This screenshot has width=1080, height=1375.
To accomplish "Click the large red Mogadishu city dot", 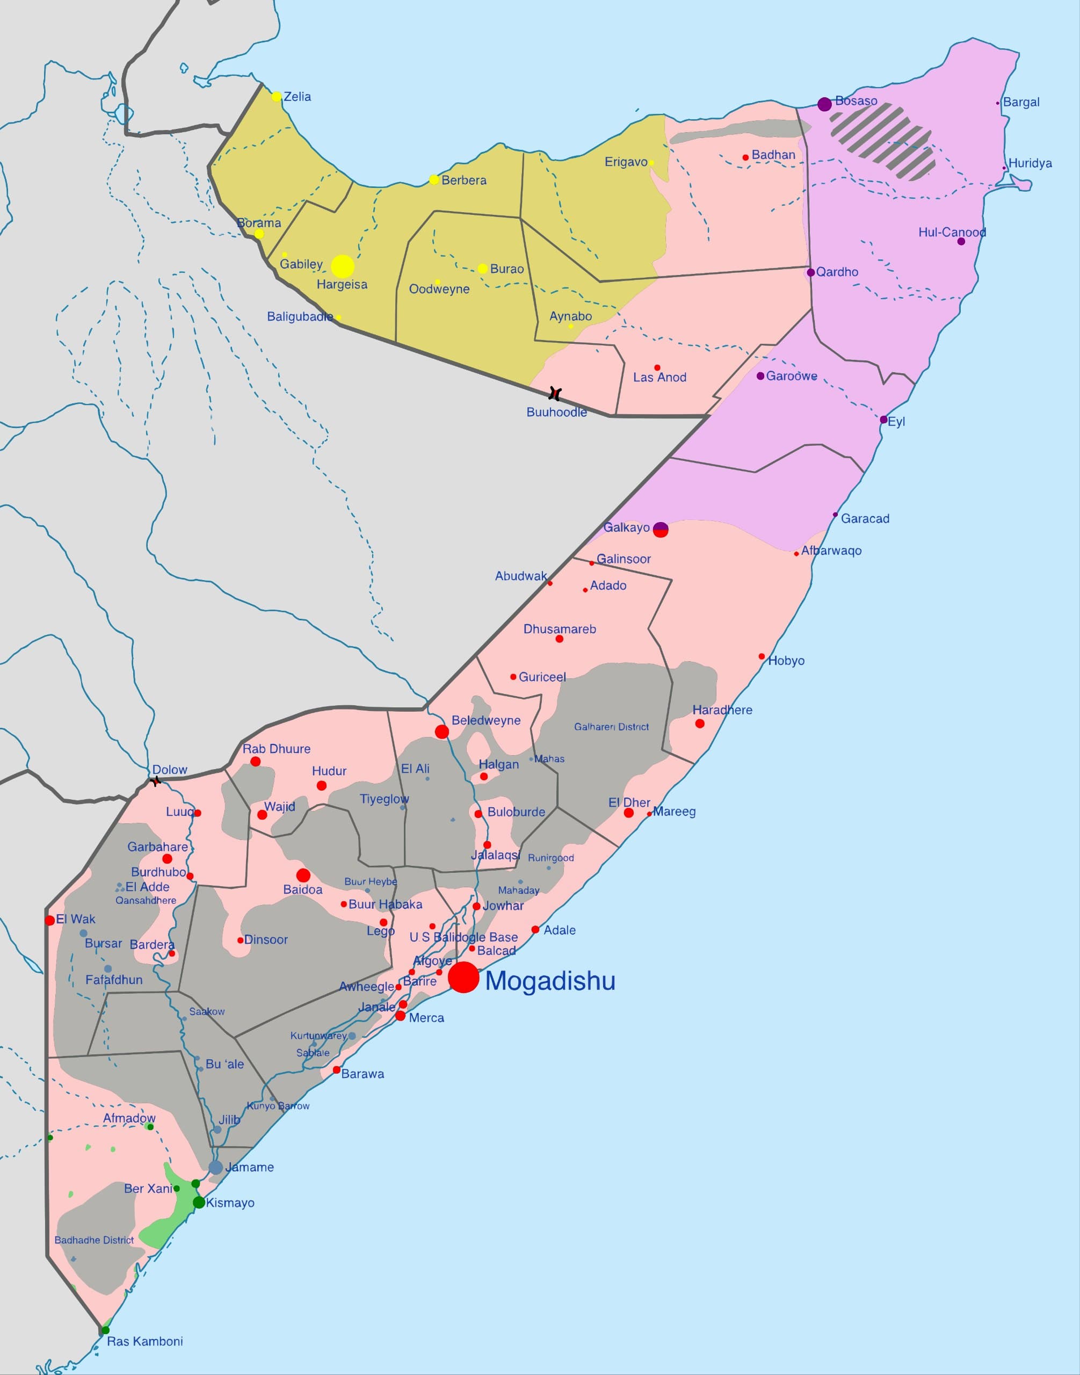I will click(463, 977).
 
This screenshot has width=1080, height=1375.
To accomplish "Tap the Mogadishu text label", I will click(550, 981).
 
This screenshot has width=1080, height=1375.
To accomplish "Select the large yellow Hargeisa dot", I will click(343, 266).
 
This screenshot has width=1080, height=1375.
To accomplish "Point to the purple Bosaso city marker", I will click(824, 104).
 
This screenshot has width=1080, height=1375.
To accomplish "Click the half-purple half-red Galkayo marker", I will click(661, 530).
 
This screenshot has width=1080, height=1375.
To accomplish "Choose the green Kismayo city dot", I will click(199, 1203).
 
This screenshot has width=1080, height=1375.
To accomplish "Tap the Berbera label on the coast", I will click(464, 180).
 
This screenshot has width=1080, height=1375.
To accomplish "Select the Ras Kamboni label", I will click(145, 1342).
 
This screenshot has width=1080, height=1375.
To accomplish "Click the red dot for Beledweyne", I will click(442, 732).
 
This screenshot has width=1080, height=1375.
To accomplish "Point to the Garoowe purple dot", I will click(760, 375).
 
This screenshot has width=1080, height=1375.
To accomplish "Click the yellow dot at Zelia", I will click(277, 97).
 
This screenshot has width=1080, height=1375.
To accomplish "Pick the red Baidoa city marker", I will click(303, 876).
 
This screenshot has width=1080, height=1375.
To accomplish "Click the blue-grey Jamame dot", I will click(215, 1168).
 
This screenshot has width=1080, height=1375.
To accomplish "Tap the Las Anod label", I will click(659, 378).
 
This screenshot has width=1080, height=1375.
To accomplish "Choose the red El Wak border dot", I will click(50, 920).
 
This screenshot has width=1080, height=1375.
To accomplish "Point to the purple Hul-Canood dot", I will click(961, 242).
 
